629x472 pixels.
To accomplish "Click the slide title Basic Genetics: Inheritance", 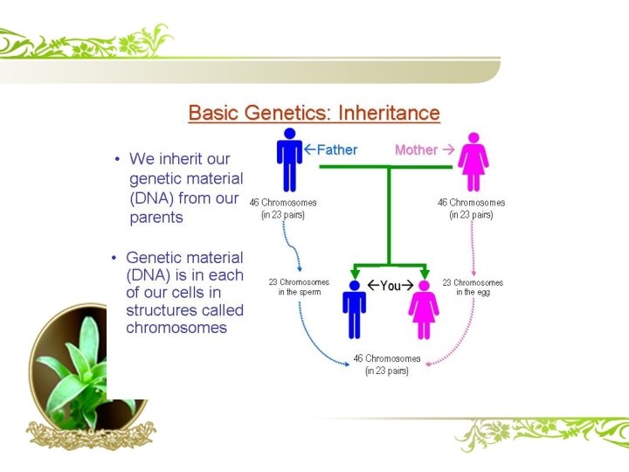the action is (314, 114).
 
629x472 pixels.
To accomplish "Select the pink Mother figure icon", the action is (473, 162).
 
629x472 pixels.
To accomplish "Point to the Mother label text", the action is (416, 149).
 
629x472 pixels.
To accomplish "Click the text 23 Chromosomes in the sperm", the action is (299, 287).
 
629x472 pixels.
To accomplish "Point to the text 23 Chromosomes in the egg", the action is (473, 287).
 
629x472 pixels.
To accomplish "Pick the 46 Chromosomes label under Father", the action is (283, 208).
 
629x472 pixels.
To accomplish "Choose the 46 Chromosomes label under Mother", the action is (471, 208).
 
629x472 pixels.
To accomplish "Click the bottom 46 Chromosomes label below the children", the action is (387, 364).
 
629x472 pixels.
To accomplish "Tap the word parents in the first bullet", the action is (156, 218).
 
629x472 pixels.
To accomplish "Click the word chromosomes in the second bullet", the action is (176, 329).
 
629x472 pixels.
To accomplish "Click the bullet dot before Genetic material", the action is (114, 258).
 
